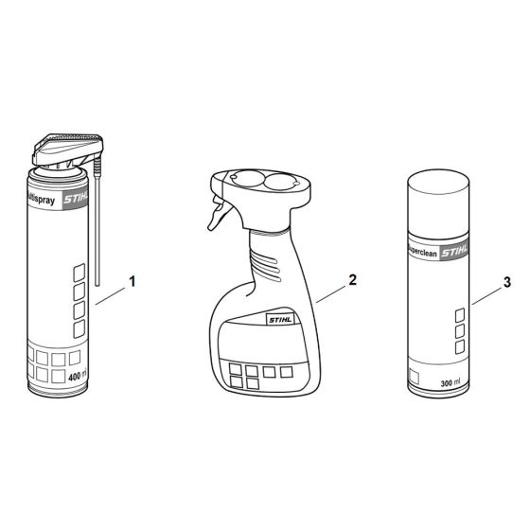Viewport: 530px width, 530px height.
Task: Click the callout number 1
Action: pos(132,281)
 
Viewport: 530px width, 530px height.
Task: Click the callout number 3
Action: pos(507,282)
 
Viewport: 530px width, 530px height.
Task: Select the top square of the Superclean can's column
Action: pos(460,314)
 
